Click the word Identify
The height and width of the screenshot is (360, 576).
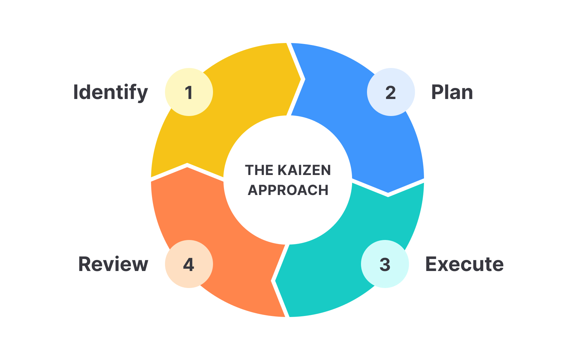[110, 92]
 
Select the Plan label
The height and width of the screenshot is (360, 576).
[452, 92]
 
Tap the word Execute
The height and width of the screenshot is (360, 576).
[464, 264]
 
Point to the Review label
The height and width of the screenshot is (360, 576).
[113, 264]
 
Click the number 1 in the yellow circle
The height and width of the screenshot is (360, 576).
[189, 92]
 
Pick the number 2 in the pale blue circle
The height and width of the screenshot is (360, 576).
[391, 92]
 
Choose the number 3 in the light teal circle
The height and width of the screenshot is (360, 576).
[385, 264]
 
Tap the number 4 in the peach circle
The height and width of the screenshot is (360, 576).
[189, 264]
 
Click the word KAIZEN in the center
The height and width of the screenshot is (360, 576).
[304, 170]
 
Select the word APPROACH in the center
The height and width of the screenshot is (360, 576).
[288, 190]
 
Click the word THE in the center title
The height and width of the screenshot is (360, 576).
[259, 170]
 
